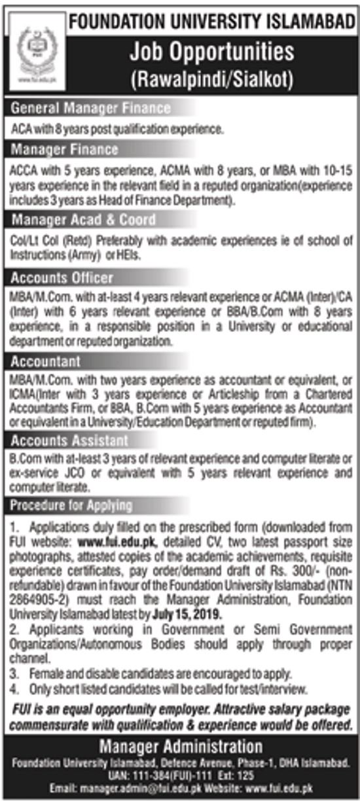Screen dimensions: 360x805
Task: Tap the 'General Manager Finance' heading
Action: pos(90,108)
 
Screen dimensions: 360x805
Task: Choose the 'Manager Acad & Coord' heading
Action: pos(83,219)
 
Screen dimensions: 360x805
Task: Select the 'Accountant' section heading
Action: pos(46,361)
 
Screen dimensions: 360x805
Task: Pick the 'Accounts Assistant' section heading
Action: pos(69,440)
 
